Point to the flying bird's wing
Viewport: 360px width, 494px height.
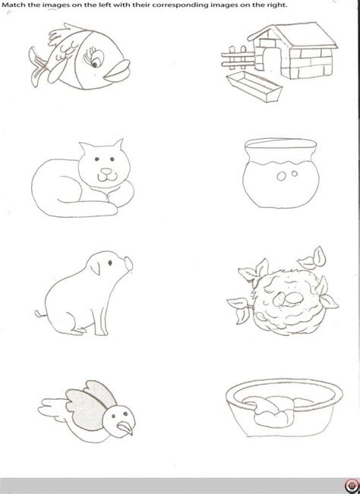coord(77,398)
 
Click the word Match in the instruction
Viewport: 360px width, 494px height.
coord(15,5)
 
